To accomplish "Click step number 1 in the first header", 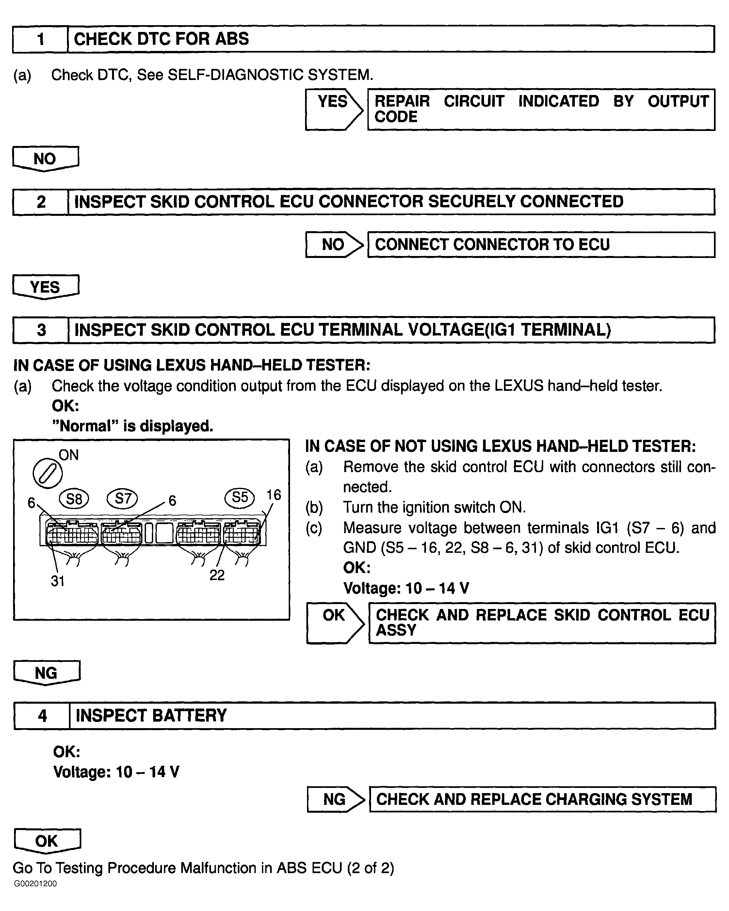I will coord(40,39).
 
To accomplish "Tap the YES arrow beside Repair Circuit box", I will coord(333,109).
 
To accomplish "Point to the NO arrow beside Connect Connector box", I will coord(334,245).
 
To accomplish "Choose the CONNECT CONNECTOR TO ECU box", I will coord(541,245).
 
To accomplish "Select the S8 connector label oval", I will coord(74,499).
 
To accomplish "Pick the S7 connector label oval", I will coord(122,498).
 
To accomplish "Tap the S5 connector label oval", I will coord(240,497).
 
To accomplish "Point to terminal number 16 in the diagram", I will coord(273,495).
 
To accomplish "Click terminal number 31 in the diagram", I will coord(57,581).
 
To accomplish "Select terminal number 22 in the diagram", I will coord(217,575).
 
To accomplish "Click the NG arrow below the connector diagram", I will coord(46,673).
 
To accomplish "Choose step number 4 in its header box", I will coord(42,716).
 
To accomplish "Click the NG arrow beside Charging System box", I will coord(335,799).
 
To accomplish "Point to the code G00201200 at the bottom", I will coord(36,884).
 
